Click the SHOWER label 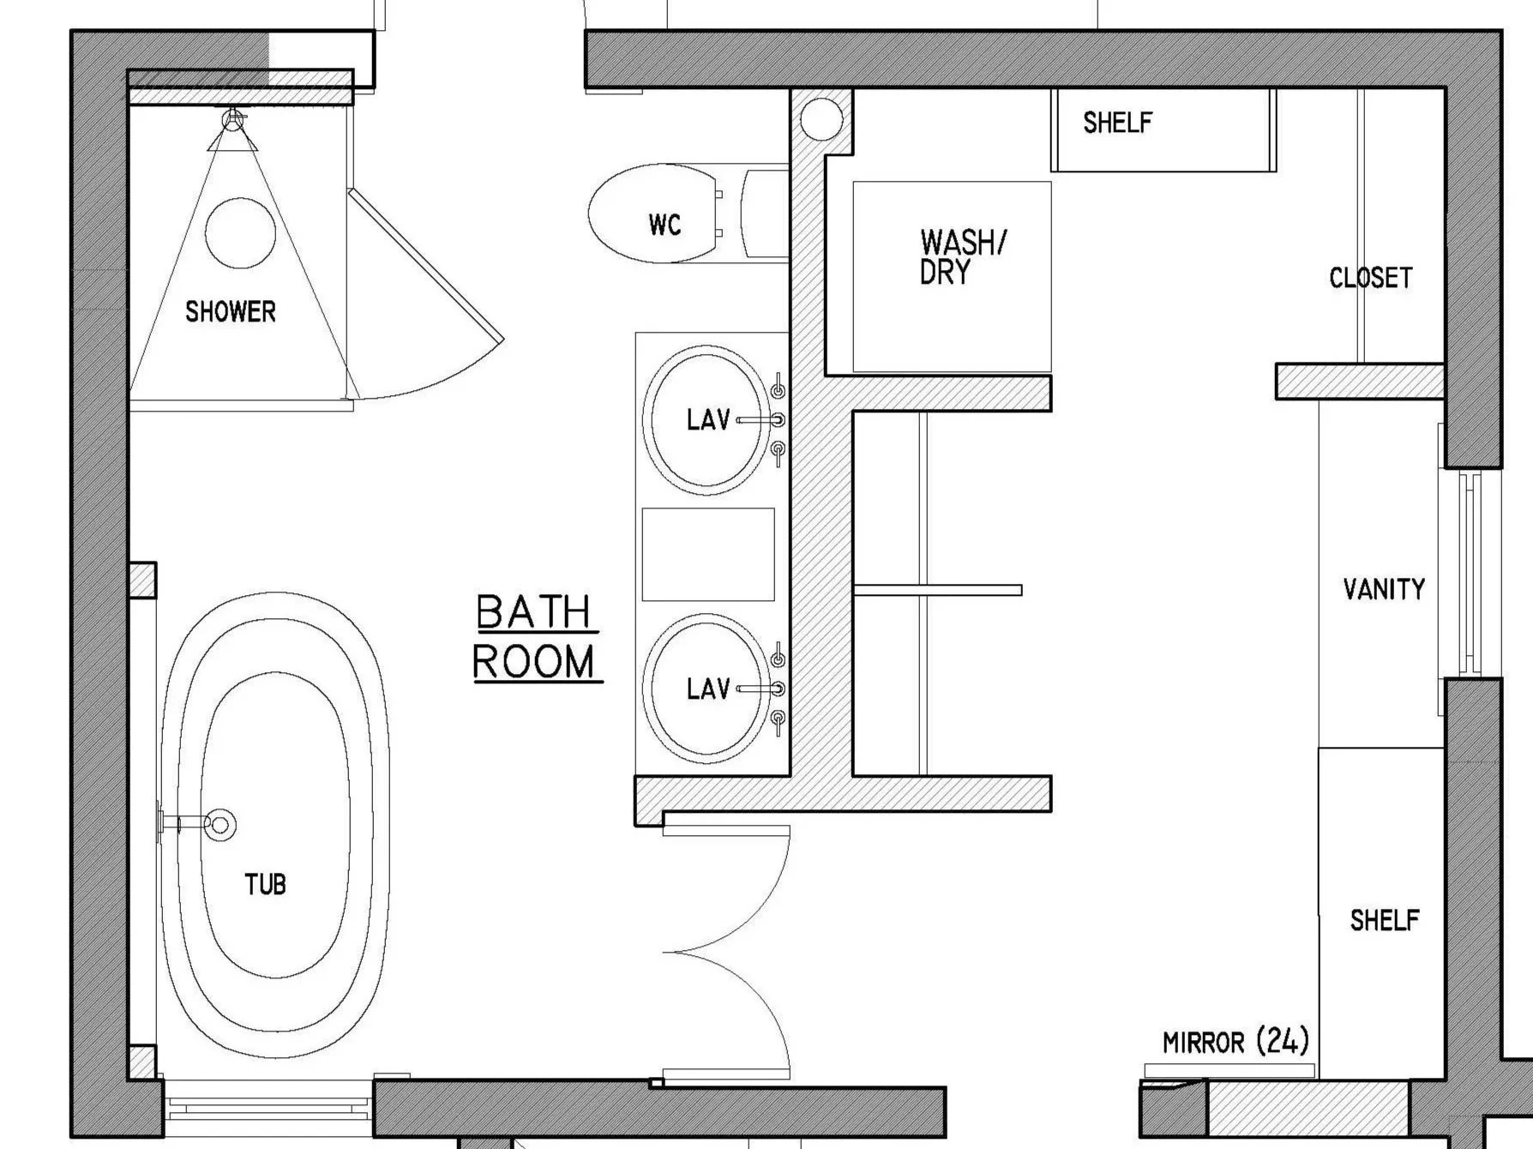(231, 311)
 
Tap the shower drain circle (240, 232)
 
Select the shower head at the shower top (233, 121)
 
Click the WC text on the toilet (664, 225)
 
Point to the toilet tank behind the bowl (765, 214)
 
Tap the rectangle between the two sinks (708, 554)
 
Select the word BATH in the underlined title (533, 612)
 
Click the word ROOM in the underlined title (534, 662)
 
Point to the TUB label (265, 884)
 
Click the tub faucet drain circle (220, 824)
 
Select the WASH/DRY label (960, 256)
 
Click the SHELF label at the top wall (1117, 123)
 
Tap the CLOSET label (1370, 278)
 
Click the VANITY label (1383, 589)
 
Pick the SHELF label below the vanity (1384, 920)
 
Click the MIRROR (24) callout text (1235, 1042)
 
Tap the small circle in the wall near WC (821, 118)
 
